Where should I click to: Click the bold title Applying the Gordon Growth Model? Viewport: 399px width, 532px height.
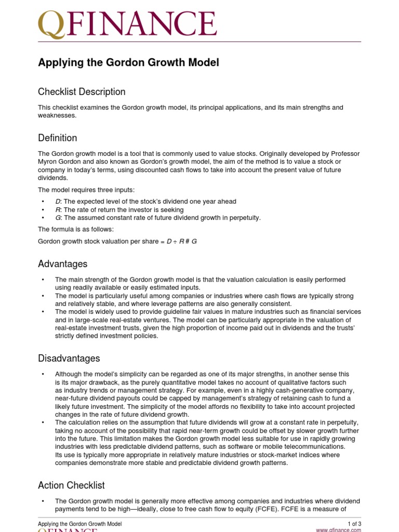click(128, 63)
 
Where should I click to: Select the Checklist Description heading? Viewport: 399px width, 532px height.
click(82, 92)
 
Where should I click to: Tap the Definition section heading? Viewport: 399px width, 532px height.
click(57, 138)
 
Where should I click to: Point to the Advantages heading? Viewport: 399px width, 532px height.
click(62, 264)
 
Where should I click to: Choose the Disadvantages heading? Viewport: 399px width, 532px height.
click(69, 358)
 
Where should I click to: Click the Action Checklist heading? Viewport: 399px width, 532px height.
click(71, 485)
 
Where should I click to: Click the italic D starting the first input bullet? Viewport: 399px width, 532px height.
click(58, 202)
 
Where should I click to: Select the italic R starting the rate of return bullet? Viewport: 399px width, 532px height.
click(58, 210)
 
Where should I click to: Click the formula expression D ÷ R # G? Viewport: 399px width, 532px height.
click(181, 242)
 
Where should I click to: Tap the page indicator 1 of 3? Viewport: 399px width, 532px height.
click(354, 524)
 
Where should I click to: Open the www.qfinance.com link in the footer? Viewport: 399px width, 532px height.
click(338, 530)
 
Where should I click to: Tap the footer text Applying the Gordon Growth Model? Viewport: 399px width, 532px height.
click(79, 524)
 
